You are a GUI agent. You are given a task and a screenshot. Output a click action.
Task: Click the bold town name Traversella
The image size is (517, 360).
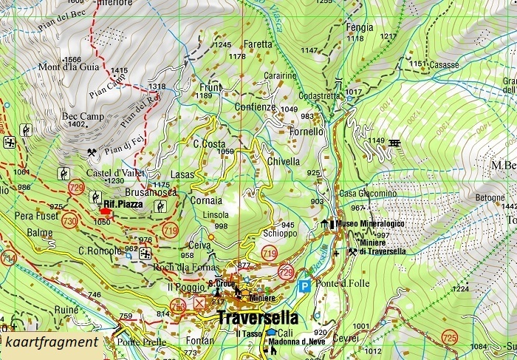[258, 318]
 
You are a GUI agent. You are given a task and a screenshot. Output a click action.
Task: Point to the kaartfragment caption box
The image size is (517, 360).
[51, 342]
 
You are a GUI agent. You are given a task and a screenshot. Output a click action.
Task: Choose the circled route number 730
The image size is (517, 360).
[70, 220]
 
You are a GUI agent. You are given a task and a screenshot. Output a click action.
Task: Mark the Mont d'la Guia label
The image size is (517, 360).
[69, 67]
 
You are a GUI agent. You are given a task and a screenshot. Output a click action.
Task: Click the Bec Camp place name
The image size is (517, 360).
[83, 116]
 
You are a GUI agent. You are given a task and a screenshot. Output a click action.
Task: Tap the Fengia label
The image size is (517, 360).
[360, 27]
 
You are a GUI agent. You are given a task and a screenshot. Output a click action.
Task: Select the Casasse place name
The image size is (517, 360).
[445, 65]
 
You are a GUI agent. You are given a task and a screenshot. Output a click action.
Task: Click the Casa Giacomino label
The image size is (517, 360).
[368, 194]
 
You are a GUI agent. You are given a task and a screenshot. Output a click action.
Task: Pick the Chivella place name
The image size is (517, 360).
[284, 161]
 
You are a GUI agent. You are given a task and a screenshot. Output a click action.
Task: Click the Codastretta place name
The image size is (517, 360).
[320, 96]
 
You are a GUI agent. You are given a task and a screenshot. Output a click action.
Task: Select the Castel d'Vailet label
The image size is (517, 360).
[115, 172]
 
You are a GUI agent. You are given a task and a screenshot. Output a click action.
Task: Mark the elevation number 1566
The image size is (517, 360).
[72, 60]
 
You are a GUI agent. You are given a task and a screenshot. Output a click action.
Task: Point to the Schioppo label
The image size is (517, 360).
[279, 233]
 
